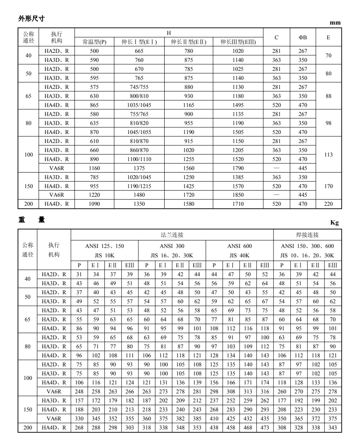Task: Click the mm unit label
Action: click(x=335, y=23)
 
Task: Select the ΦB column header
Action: click(x=303, y=38)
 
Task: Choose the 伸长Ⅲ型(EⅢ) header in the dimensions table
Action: click(x=237, y=42)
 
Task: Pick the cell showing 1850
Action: click(x=237, y=195)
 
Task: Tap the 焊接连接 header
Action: click(x=307, y=235)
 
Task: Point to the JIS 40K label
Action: click(x=239, y=255)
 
